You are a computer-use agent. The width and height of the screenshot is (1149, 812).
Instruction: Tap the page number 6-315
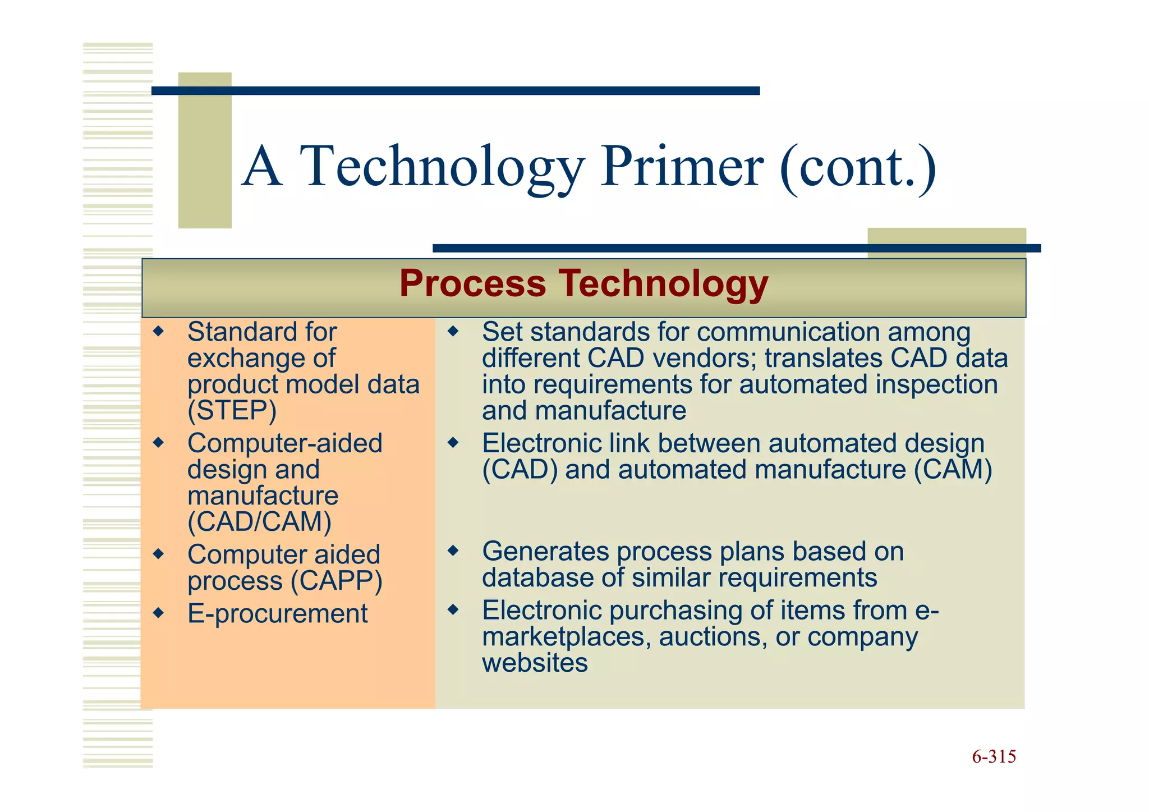[x=994, y=757]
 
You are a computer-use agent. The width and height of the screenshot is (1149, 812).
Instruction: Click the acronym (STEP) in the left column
[x=232, y=411]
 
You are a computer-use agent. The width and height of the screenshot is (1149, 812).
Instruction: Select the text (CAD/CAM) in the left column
[x=259, y=522]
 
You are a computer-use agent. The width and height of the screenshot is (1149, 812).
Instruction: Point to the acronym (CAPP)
[x=336, y=581]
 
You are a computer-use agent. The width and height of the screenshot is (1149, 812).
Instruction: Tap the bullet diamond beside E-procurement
[x=159, y=613]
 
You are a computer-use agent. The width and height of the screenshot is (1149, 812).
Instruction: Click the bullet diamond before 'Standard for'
[x=159, y=331]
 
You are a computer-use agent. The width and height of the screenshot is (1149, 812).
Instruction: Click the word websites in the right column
[x=534, y=663]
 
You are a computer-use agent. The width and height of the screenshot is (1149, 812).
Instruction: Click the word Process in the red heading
[x=472, y=283]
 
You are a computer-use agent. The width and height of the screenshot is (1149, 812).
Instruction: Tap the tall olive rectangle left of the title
[x=205, y=150]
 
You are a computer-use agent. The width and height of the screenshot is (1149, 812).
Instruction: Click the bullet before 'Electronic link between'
[x=453, y=443]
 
